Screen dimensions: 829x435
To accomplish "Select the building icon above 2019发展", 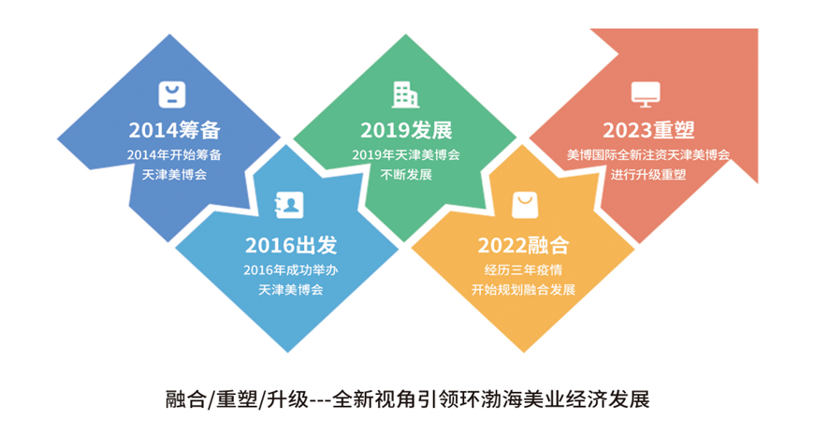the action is (x=405, y=94).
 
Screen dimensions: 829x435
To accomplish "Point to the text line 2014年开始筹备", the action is (x=175, y=154).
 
